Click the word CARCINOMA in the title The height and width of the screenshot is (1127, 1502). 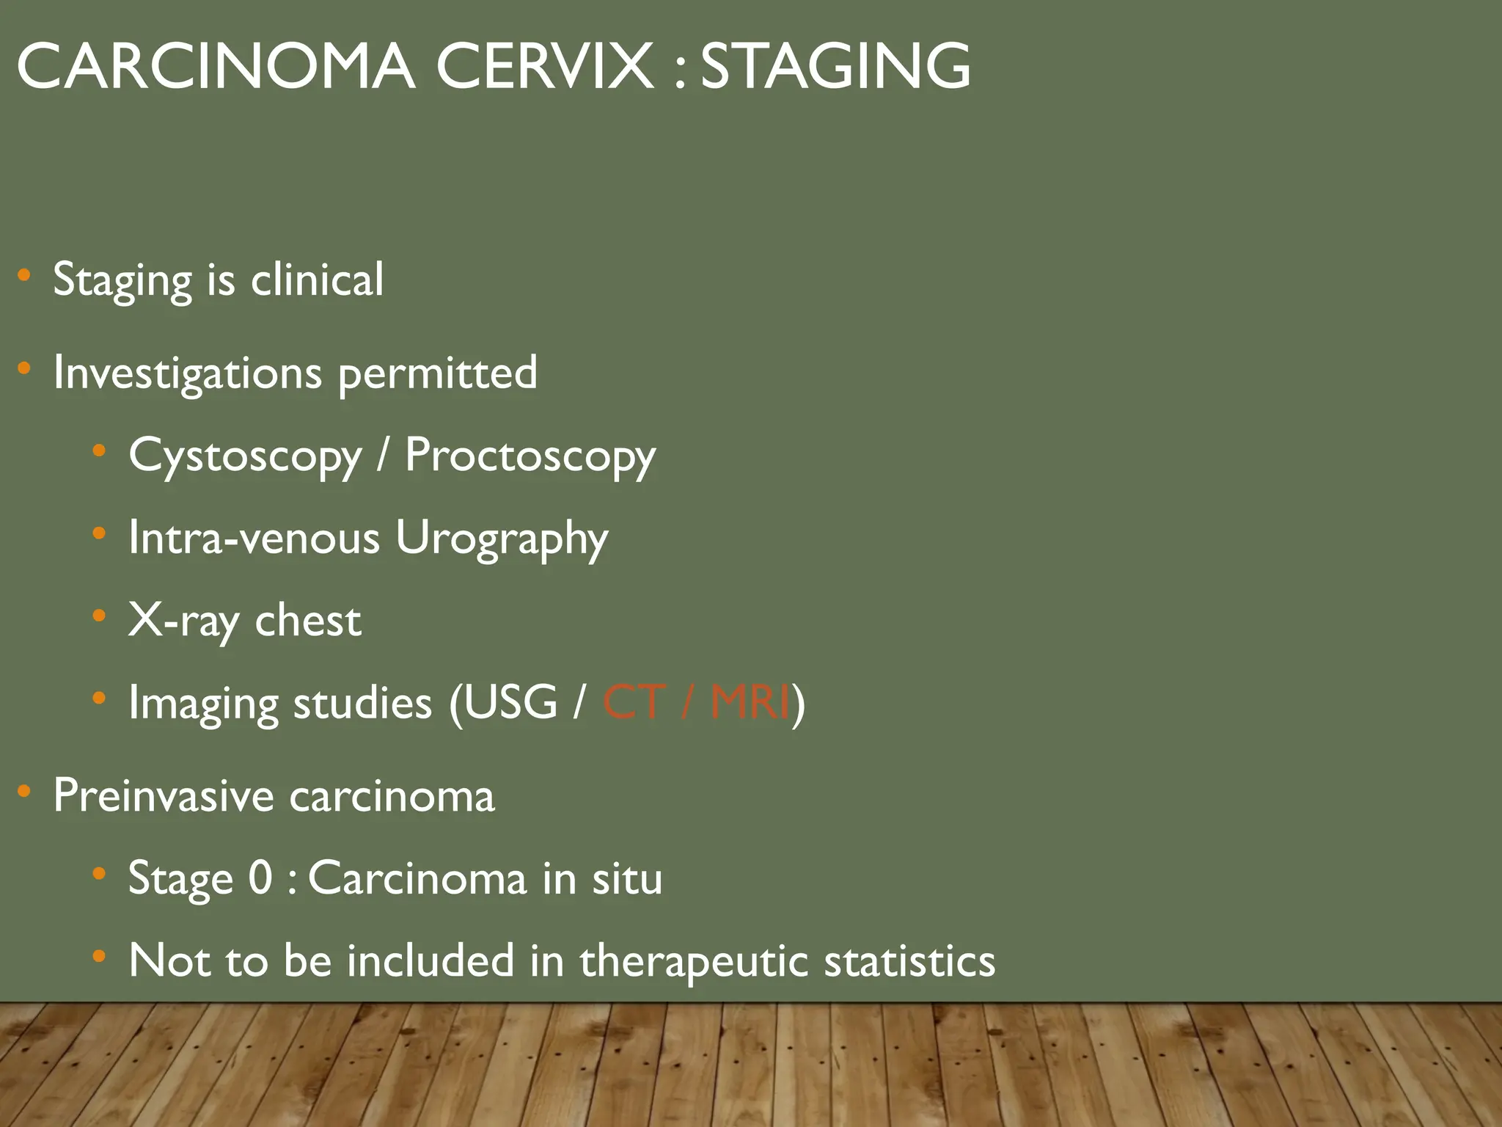(x=216, y=68)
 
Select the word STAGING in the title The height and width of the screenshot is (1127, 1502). (x=835, y=68)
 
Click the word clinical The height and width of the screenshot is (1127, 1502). (x=317, y=280)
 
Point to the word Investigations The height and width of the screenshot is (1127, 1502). (x=188, y=373)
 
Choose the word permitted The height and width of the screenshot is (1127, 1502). (x=437, y=373)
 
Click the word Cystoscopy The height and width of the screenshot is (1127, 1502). (x=245, y=456)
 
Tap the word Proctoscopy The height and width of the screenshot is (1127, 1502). (x=530, y=456)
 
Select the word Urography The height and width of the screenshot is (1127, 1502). (x=502, y=539)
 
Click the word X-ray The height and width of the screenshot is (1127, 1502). (x=183, y=621)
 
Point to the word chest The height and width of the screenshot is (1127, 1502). (x=308, y=621)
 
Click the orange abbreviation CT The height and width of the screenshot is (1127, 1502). (x=634, y=703)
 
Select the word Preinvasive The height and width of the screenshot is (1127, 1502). (x=163, y=796)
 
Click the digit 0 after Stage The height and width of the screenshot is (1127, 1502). (x=260, y=878)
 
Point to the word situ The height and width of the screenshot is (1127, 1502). (x=627, y=878)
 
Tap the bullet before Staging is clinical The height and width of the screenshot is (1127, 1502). (x=24, y=276)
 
